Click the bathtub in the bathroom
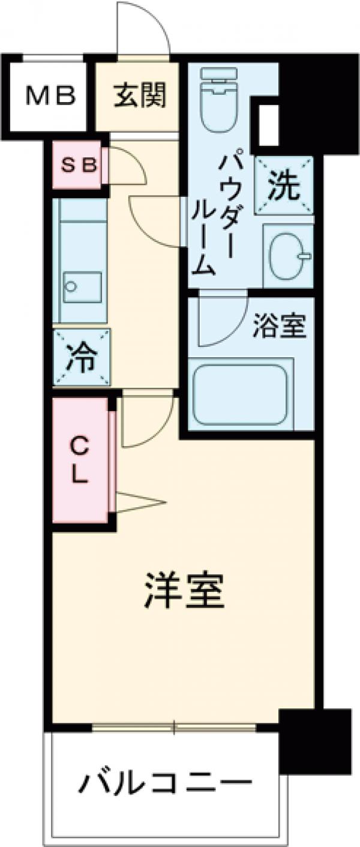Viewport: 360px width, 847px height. point(240,391)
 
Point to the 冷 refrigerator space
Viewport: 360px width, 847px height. point(81,358)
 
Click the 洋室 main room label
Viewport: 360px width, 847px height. point(184,591)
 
